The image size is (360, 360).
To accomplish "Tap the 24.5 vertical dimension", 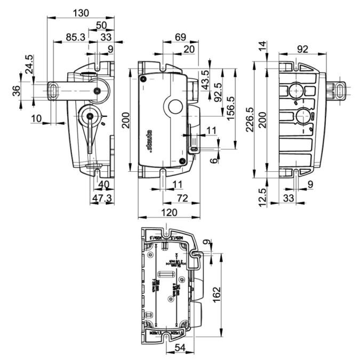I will click(x=29, y=64).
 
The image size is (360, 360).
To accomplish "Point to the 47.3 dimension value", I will click(x=101, y=198).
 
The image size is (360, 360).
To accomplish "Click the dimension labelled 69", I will click(x=166, y=37).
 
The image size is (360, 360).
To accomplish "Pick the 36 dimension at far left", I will click(x=17, y=91).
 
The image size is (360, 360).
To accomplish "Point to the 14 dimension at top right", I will click(x=261, y=47).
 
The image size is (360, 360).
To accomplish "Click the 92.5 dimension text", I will click(x=218, y=93).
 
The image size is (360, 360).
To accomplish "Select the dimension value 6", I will click(x=213, y=159).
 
